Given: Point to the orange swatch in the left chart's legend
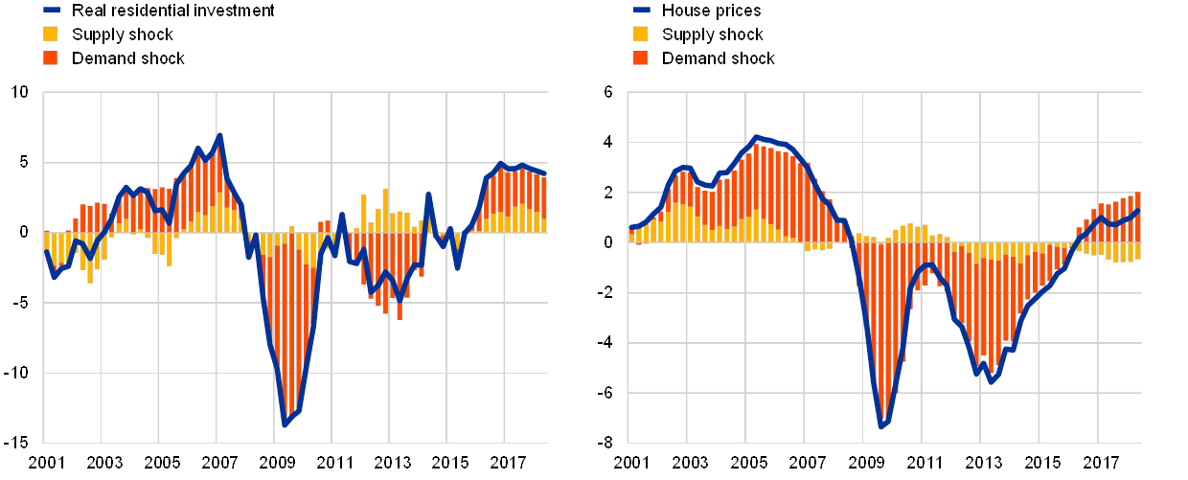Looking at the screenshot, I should [51, 58].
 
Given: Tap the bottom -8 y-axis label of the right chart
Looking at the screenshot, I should [607, 443].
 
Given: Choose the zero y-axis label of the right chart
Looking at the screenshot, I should [607, 242].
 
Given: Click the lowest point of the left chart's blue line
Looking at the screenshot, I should [285, 423].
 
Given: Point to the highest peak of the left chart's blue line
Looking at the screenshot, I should [219, 135].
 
